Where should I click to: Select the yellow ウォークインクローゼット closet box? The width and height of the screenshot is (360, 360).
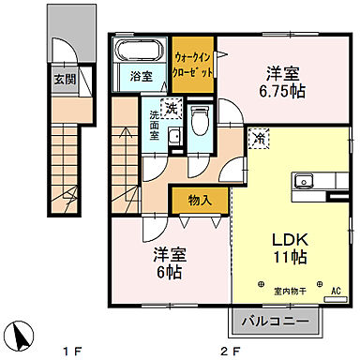[194, 63]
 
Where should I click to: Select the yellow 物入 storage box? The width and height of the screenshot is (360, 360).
[197, 200]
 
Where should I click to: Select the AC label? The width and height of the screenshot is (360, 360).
[333, 290]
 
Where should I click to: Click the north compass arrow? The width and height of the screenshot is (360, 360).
[21, 335]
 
